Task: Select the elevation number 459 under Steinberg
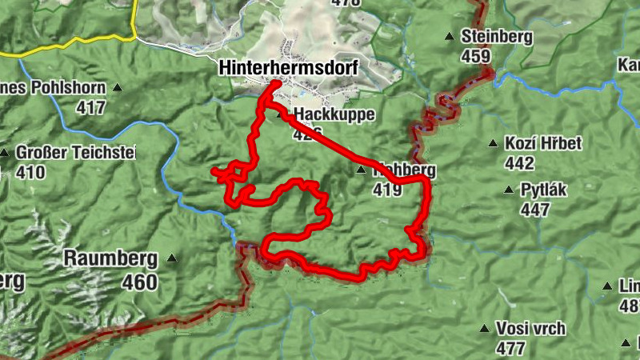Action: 475,57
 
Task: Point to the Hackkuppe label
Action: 334,114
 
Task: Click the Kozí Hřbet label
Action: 543,143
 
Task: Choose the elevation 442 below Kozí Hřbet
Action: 520,163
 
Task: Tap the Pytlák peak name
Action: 546,190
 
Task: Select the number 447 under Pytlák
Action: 535,210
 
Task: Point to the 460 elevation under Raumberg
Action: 140,282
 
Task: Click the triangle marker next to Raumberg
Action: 172,258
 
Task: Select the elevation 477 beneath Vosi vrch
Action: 510,348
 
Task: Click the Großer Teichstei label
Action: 76,152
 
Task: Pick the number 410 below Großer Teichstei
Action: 30,172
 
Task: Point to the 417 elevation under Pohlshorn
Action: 90,107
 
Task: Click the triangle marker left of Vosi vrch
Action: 483,329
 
